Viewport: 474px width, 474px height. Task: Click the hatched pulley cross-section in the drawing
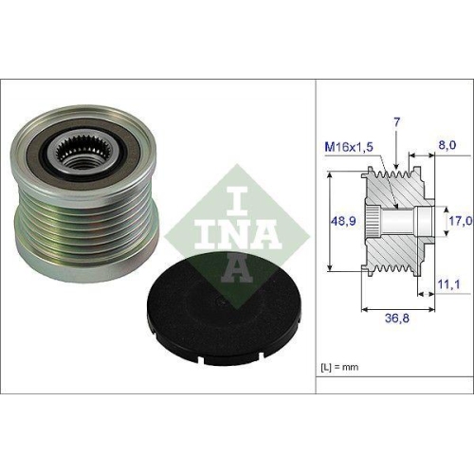[x=398, y=250]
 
